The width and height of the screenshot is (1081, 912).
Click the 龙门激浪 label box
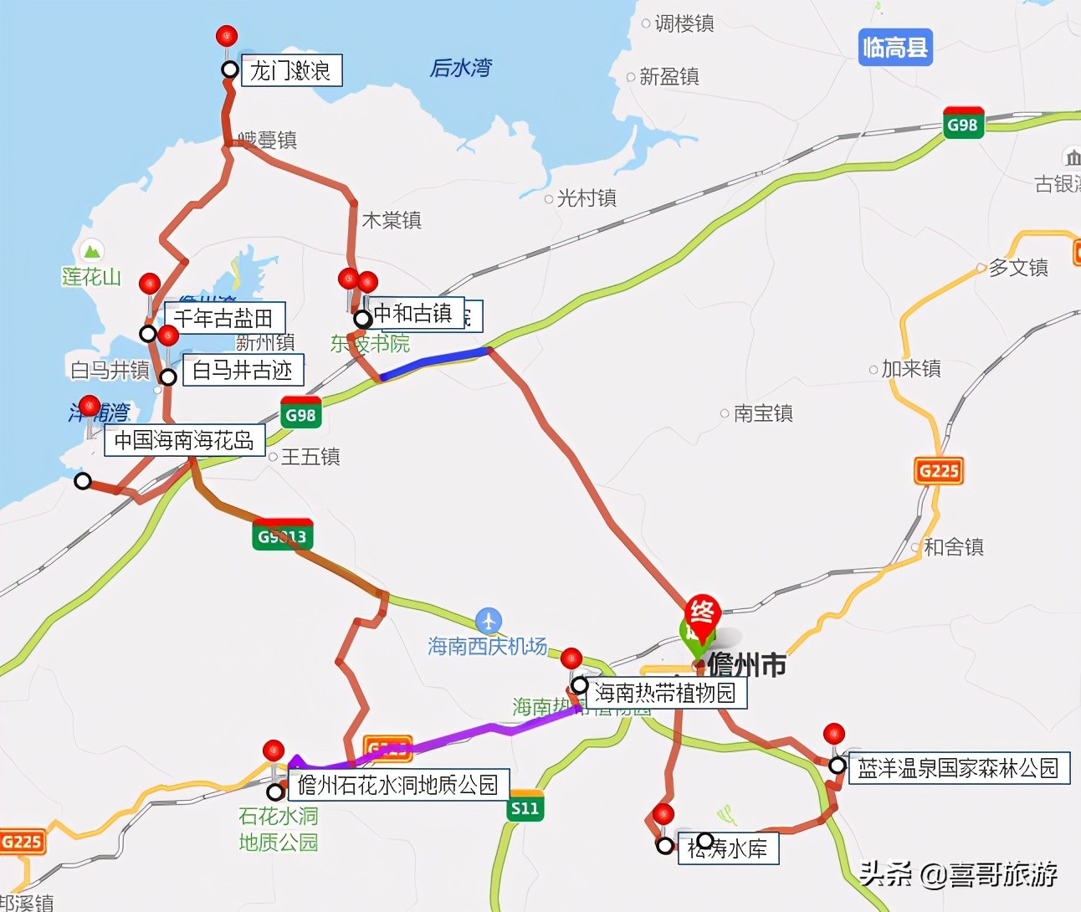pos(291,70)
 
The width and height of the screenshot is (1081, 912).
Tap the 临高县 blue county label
pos(895,48)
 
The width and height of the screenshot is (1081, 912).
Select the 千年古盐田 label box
pos(224,318)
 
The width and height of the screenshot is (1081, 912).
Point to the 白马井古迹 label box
pos(243,370)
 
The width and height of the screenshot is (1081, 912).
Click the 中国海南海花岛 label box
pos(184,440)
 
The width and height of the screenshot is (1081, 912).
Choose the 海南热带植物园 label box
pos(665,693)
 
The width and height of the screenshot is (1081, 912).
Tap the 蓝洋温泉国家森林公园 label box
pos(959,768)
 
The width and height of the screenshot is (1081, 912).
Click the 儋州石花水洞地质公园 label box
pos(398,785)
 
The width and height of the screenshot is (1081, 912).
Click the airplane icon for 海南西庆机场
pos(489,621)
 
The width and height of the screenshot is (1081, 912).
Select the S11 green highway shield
pos(525,807)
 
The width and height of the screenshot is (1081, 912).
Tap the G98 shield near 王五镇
pos(301,413)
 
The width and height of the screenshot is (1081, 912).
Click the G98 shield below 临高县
pos(962,124)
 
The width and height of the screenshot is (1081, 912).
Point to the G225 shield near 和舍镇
pos(939,470)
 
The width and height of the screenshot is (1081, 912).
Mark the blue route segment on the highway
pos(435,361)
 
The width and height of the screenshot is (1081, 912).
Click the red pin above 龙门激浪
pos(227,38)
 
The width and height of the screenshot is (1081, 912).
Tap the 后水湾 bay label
pos(461,68)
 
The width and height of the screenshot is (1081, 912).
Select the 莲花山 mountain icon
pos(91,250)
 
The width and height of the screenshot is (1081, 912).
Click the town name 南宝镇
pos(762,413)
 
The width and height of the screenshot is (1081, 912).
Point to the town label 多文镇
pos(1017,268)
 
